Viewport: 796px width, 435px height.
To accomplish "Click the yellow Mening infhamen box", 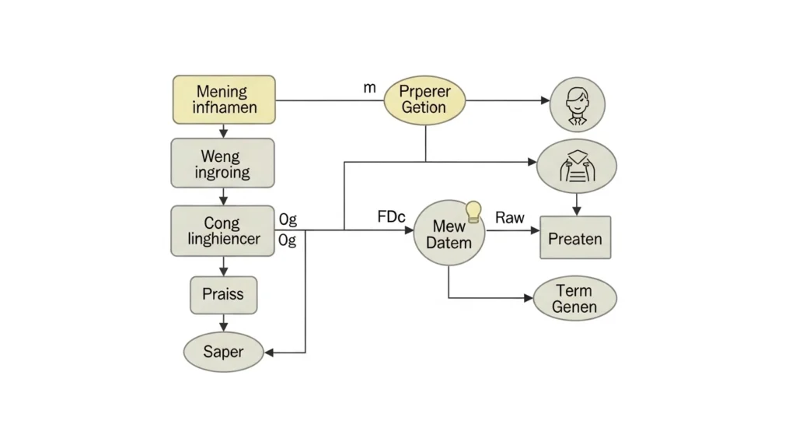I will pos(224,100).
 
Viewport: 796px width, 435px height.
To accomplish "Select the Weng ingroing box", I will pos(222,163).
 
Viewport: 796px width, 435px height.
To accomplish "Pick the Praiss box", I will pos(223,295).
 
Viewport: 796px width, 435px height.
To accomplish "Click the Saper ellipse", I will pos(223,352).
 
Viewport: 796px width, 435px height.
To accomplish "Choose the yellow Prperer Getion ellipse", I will pos(424,100).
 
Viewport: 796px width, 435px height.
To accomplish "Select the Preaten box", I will pos(575,238).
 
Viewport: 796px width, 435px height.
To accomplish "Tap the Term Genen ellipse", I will pos(574,299).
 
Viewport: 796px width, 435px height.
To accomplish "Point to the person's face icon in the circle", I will pos(578,104).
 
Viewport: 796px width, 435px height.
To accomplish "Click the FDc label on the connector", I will pos(391,217).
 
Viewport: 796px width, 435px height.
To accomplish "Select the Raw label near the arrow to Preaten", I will pos(510,217).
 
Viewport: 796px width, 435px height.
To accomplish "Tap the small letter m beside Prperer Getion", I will pos(369,88).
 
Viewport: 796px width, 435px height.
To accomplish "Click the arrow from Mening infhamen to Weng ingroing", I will pos(224,132).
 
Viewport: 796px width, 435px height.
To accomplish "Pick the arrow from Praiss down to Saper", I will pos(224,323).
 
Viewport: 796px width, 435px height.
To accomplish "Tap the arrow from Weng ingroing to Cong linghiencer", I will pos(224,197).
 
